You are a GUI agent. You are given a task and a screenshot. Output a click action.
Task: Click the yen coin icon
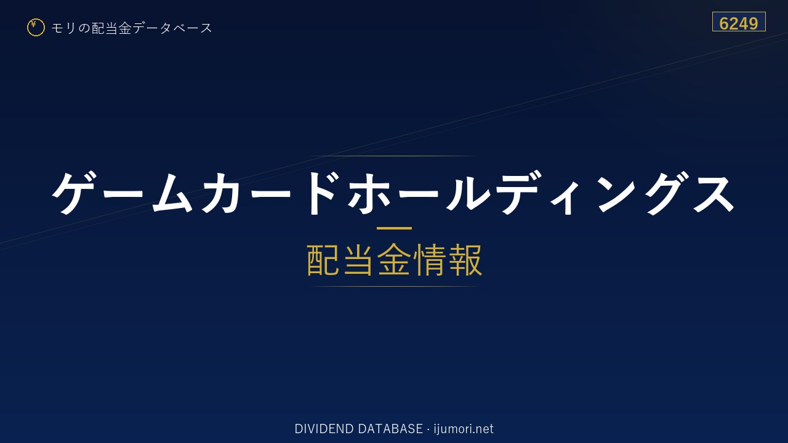(x=36, y=28)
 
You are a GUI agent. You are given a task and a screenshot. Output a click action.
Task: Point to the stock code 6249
(x=739, y=23)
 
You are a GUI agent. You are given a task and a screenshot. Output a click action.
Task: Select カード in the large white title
(x=270, y=193)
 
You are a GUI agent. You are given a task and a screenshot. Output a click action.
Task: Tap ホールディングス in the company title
(x=541, y=193)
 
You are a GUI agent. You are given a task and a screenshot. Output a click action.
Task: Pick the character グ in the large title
(x=662, y=193)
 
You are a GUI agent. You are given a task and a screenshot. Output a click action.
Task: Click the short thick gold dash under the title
(x=394, y=228)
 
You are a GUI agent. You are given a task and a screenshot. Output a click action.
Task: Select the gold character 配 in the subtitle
(x=323, y=260)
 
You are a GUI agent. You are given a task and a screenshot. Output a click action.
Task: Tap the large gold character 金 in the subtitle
(x=394, y=260)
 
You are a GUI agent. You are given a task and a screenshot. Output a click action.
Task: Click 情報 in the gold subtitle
(x=448, y=260)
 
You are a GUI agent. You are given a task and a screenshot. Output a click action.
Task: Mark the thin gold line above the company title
(x=394, y=156)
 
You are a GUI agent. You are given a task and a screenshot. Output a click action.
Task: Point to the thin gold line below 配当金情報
(x=394, y=287)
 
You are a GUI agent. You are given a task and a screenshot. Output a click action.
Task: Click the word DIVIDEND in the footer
(x=324, y=429)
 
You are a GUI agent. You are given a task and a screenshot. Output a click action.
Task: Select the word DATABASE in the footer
(x=390, y=429)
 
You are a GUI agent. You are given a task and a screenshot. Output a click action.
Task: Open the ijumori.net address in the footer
(x=464, y=429)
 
